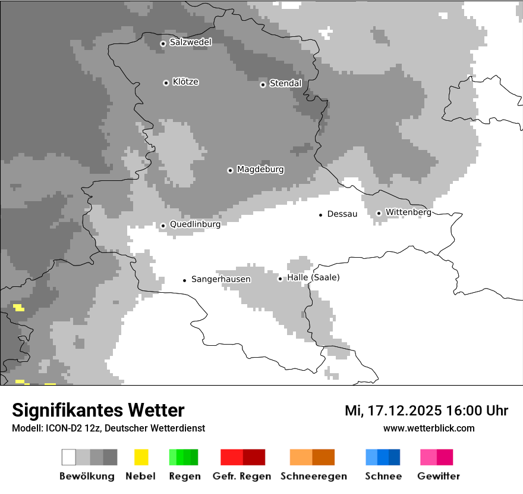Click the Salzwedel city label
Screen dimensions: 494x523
pos(190,42)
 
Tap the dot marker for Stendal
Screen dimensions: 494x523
pos(263,84)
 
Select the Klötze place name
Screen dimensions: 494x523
pos(185,82)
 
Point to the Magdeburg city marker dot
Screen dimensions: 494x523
pos(230,170)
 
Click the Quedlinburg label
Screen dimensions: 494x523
pos(195,224)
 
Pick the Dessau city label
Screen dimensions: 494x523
pos(342,214)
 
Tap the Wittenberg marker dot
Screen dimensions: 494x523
pos(379,212)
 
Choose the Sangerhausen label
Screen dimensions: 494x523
pos(220,279)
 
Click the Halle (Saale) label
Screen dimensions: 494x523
pos(313,277)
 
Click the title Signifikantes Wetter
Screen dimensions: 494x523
pos(98,410)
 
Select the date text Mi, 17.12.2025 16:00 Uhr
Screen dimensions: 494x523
pos(426,411)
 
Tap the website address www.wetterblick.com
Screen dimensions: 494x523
pos(429,428)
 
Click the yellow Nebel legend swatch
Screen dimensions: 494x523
pos(141,457)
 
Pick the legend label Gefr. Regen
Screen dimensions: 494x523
pos(242,476)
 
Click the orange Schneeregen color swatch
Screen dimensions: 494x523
pos(312,457)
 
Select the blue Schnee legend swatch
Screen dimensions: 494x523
pos(383,457)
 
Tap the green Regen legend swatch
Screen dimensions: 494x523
pos(184,457)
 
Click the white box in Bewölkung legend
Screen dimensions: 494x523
pos(69,457)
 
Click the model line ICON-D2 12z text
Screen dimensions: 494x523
pos(108,428)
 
